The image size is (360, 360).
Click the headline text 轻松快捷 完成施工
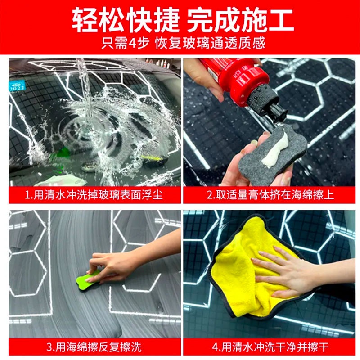[183, 20]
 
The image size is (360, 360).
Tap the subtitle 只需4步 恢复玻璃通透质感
[183, 43]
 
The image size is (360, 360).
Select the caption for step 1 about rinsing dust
[94, 195]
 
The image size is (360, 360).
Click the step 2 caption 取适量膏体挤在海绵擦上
[270, 195]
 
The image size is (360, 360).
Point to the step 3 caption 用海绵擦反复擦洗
[94, 346]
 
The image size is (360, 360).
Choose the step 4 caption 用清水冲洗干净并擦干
[270, 346]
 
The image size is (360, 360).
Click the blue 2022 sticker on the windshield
[17, 85]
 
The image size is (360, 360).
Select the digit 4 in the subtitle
[132, 43]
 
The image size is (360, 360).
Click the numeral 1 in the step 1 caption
[27, 195]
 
